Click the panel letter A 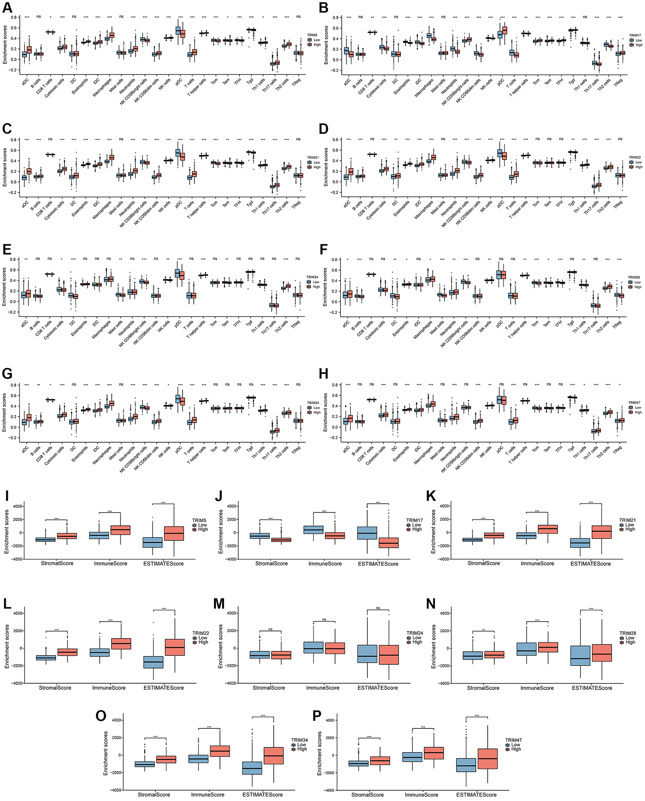(7, 7)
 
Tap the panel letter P (317, 716)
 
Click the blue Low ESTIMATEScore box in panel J (367, 533)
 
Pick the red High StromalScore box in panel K (494, 535)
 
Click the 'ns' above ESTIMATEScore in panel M (378, 608)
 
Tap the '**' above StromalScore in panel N (483, 630)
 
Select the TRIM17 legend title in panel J (414, 520)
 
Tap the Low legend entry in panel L (203, 638)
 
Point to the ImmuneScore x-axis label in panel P (421, 795)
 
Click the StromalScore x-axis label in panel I (57, 564)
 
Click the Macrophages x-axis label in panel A (102, 88)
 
